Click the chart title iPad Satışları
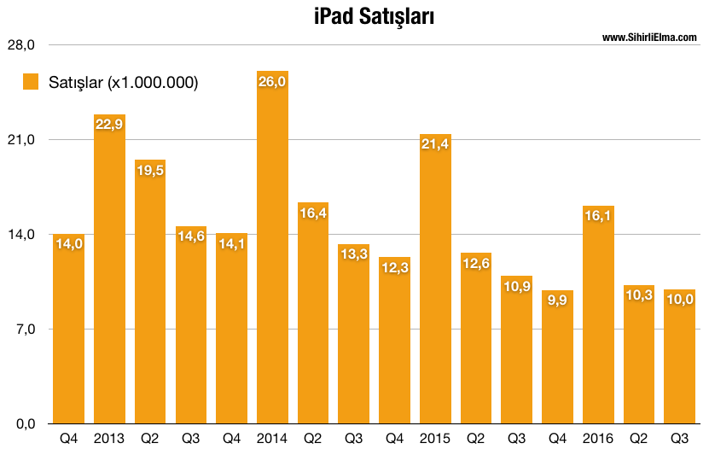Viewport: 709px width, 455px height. pyautogui.click(x=363, y=17)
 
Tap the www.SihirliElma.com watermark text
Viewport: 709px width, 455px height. pyautogui.click(x=649, y=38)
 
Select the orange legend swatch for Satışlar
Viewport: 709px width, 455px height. pyautogui.click(x=32, y=82)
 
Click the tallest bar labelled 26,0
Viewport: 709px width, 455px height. pyautogui.click(x=272, y=256)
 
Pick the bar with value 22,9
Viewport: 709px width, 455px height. pyautogui.click(x=109, y=273)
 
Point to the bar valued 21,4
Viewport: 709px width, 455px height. pyautogui.click(x=435, y=282)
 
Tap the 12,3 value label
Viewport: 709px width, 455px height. pyautogui.click(x=394, y=268)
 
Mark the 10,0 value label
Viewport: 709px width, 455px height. pyautogui.click(x=680, y=300)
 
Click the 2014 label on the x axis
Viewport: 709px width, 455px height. pyautogui.click(x=272, y=439)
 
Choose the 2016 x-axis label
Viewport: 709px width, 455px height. pyautogui.click(x=598, y=439)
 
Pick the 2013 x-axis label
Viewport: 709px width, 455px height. pyautogui.click(x=109, y=439)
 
